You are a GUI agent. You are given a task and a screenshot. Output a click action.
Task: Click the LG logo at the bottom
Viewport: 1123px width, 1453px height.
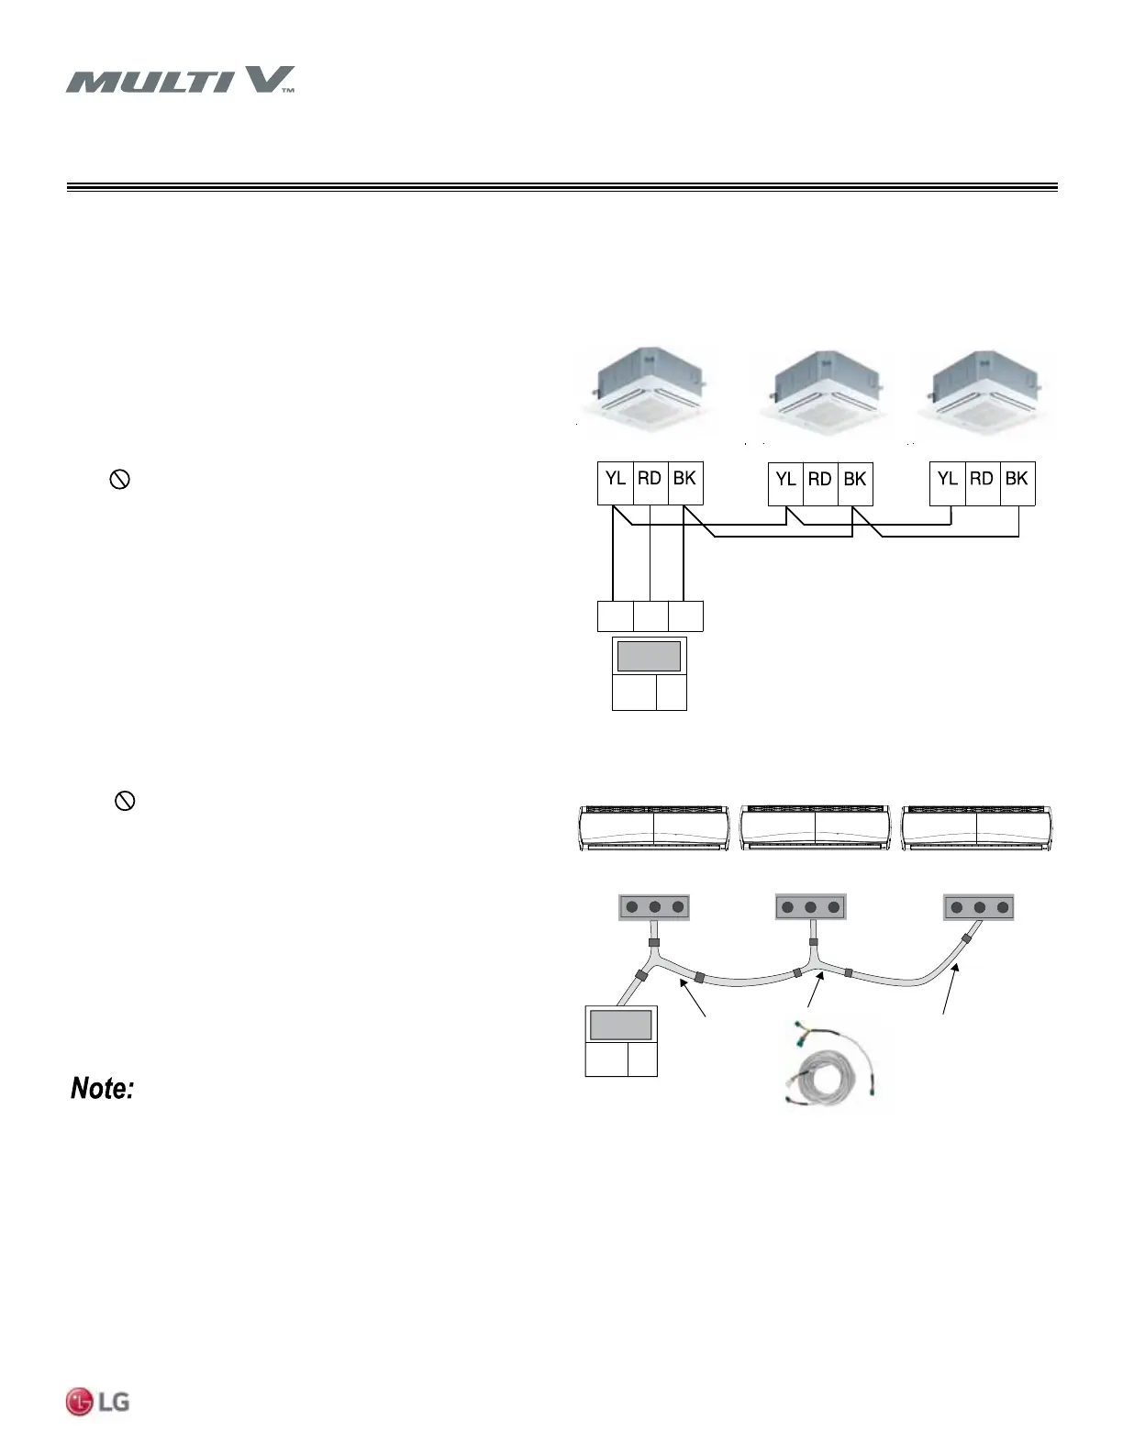coord(97,1402)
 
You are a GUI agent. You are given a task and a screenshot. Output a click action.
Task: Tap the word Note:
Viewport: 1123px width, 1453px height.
coord(104,1089)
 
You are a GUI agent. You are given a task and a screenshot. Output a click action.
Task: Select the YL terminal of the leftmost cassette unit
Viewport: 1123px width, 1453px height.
coord(615,480)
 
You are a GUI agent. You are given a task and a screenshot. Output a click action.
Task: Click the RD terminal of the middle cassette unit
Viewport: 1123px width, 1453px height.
coord(819,480)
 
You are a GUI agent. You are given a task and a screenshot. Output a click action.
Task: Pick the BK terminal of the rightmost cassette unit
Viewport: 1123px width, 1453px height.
coord(1017,480)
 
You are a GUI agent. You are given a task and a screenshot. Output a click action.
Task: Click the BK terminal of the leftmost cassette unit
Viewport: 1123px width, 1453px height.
coord(684,480)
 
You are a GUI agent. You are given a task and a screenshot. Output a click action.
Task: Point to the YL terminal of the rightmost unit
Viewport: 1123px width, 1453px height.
coord(948,480)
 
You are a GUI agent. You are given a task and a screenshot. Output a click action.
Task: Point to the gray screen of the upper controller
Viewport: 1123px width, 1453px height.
coord(649,657)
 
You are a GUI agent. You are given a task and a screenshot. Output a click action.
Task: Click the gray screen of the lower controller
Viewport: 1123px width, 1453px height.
coord(621,1024)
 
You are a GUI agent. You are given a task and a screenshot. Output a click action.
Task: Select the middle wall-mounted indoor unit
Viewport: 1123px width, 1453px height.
coord(815,828)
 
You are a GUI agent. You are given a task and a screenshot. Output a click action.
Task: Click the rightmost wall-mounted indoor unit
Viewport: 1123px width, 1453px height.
coord(977,828)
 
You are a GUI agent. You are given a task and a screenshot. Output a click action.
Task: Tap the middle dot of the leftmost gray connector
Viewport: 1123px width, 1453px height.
coord(655,907)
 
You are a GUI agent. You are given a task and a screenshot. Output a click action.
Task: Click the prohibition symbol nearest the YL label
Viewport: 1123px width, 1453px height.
coord(119,479)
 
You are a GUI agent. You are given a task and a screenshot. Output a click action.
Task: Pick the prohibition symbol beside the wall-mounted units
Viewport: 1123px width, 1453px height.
coord(125,801)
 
